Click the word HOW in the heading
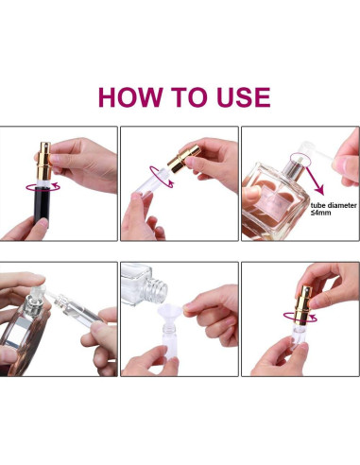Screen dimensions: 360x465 tap(130, 97)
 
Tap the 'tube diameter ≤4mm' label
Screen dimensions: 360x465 tap(334, 209)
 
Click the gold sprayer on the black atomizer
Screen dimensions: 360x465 tap(44, 162)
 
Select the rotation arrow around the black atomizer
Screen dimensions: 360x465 tap(43, 187)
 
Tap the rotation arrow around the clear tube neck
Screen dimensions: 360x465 tap(162, 177)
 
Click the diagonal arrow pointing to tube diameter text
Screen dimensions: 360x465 tap(315, 180)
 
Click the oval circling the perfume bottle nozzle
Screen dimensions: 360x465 tap(300, 160)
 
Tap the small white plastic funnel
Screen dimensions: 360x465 tap(170, 314)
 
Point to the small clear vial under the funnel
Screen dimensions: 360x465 tap(170, 342)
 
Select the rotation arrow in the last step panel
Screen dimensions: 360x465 tap(300, 318)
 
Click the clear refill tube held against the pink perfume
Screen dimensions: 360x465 tap(78, 308)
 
